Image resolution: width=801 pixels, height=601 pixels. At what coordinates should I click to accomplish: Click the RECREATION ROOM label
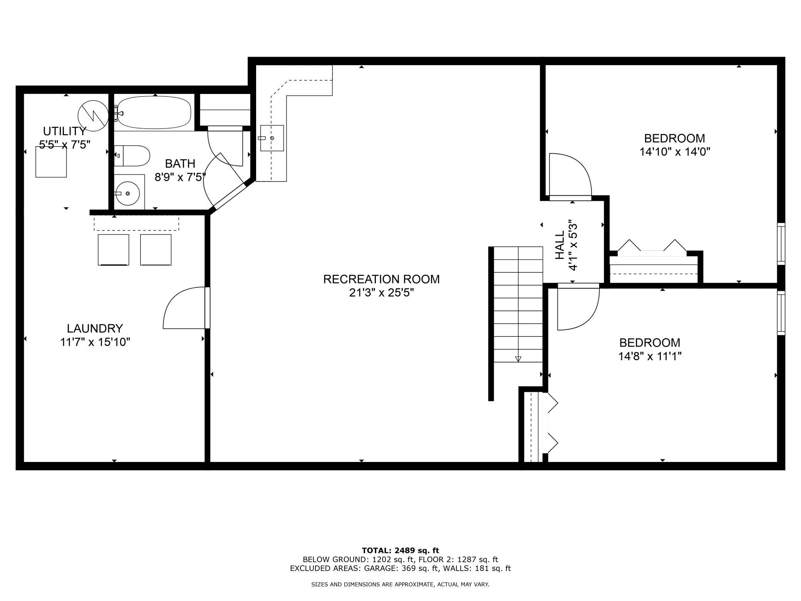click(381, 279)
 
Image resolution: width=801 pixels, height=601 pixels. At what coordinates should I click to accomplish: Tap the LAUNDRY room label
click(95, 328)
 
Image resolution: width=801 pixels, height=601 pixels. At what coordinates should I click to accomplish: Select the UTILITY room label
click(64, 131)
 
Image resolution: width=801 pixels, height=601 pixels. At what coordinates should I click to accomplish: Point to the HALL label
click(560, 245)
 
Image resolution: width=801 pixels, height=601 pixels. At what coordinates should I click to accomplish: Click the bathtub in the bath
click(154, 112)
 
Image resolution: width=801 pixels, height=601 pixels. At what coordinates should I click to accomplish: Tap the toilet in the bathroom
click(132, 156)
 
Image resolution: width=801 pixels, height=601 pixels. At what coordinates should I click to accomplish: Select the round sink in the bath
click(127, 193)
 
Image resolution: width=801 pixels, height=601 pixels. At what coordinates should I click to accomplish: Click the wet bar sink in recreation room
click(272, 138)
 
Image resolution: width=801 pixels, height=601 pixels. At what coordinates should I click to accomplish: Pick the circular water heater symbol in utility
click(93, 115)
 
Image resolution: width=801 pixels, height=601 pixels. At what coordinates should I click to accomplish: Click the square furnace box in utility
click(51, 162)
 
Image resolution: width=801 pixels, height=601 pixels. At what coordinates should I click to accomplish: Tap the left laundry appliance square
click(114, 250)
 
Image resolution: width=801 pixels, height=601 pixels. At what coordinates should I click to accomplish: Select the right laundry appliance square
click(156, 250)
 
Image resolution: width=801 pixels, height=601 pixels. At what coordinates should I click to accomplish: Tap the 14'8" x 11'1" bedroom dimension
click(650, 356)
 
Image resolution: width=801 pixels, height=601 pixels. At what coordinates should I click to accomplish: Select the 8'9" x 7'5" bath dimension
click(180, 177)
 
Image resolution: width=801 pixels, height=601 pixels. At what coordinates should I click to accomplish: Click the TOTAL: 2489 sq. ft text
click(400, 551)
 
